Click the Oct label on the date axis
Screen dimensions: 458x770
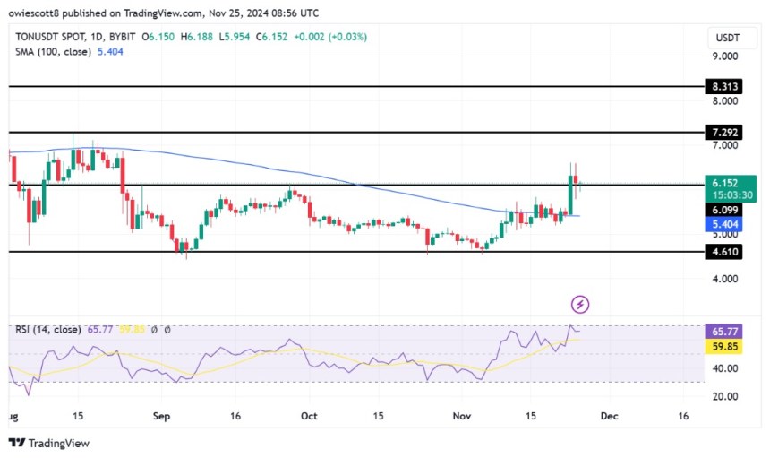click(x=309, y=417)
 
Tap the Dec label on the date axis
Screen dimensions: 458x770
click(x=608, y=417)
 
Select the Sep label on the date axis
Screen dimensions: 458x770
click(x=162, y=417)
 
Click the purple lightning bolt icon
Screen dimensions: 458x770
click(x=580, y=305)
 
